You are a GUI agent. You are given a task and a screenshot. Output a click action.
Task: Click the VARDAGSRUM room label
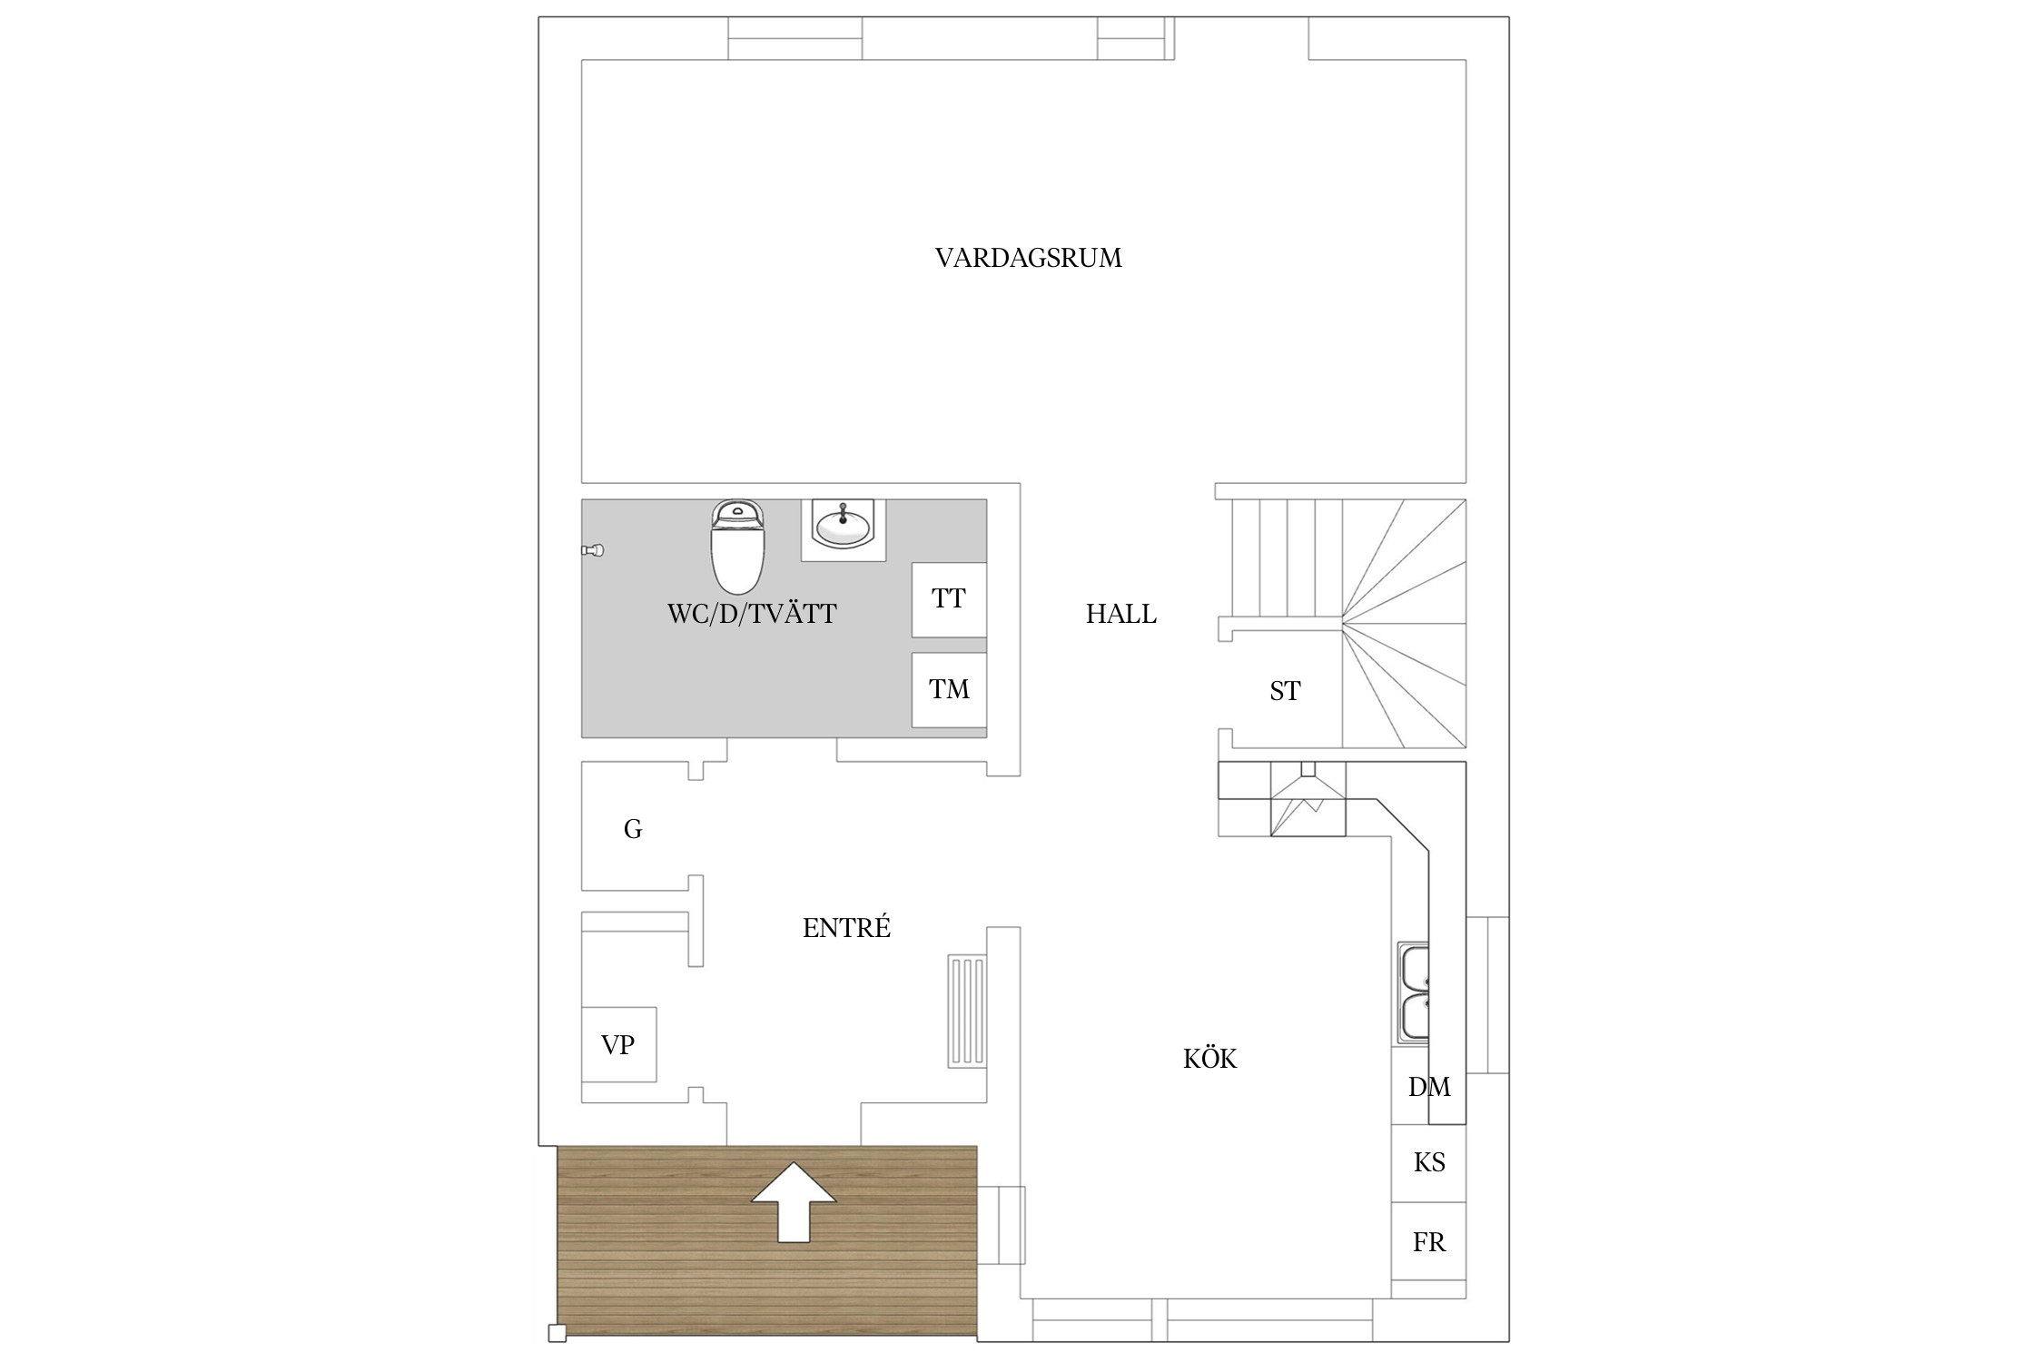coord(1028,259)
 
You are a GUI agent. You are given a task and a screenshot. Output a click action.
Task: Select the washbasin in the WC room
coord(843,527)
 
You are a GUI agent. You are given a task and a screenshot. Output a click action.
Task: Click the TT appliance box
coord(949,599)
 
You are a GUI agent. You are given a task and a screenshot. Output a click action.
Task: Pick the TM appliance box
coord(949,689)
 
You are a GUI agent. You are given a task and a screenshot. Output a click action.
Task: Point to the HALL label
coord(1120,615)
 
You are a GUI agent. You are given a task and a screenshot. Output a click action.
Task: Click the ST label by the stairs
coord(1285,692)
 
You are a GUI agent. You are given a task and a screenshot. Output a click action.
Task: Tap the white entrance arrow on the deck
coord(794,1200)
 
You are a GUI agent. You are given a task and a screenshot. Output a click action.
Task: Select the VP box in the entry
coord(618,1044)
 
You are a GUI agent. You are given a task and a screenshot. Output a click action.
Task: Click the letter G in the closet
coord(633,829)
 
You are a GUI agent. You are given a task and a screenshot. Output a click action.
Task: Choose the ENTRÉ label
coord(846,928)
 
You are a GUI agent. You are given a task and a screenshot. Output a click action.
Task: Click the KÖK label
coord(1209,1059)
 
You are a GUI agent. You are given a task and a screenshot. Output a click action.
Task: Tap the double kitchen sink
coord(1414,992)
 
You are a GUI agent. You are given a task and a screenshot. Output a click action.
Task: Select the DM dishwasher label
coord(1428,1087)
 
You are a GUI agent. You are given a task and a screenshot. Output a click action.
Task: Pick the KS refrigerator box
coord(1428,1163)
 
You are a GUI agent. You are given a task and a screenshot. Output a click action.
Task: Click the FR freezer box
coord(1428,1242)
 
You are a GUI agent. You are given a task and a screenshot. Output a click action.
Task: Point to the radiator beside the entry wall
coord(966,1011)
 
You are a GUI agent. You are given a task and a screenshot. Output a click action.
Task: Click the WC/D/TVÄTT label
coord(752,615)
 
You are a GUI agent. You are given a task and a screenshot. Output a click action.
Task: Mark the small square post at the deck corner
coord(558,1333)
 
